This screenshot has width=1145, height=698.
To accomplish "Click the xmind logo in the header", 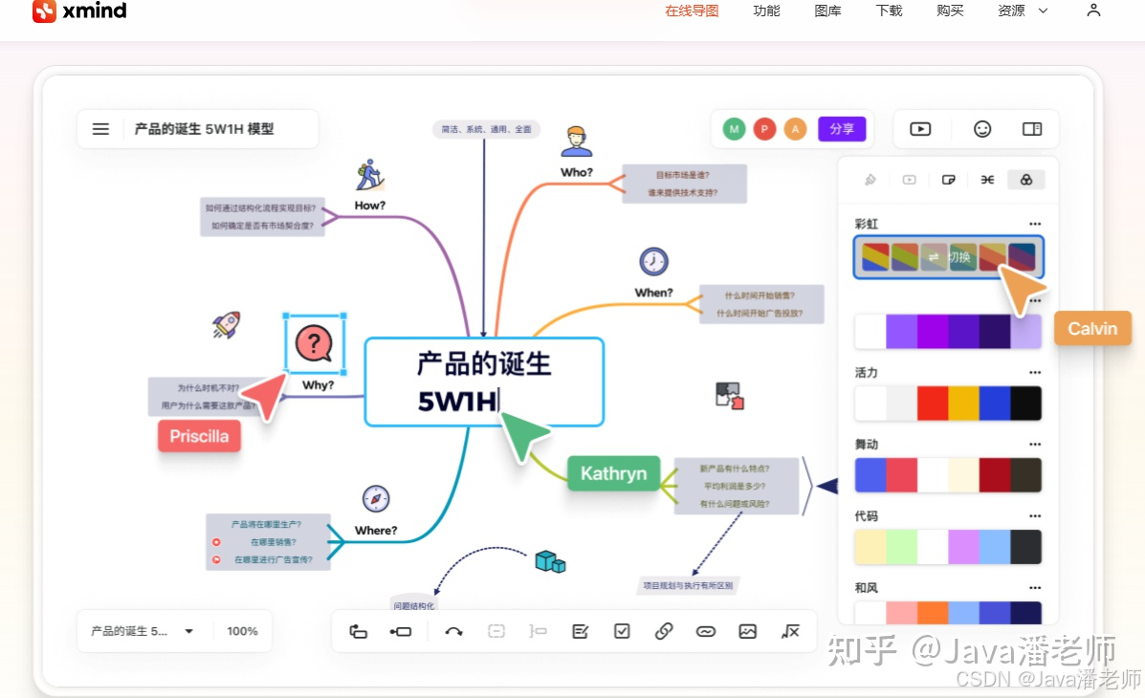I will (79, 11).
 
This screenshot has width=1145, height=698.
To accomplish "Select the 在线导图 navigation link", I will (692, 11).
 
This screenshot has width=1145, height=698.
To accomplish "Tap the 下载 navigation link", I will (889, 11).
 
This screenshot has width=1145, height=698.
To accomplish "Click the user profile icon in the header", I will (1094, 11).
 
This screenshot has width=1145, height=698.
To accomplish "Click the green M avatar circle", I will (734, 129).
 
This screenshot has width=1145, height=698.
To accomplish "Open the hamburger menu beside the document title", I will (100, 129).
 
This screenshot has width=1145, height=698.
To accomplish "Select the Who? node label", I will (577, 173).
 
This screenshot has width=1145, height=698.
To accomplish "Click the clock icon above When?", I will (653, 261).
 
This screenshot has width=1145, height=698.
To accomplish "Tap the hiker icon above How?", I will (369, 175).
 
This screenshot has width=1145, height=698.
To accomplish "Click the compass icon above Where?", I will (376, 499).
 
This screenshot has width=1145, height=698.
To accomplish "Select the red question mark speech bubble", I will (314, 343).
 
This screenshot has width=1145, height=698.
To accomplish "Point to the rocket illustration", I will (226, 325).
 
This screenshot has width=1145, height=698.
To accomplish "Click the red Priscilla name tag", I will (199, 436).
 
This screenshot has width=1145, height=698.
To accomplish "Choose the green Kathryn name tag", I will (613, 473).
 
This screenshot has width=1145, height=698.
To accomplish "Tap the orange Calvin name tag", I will (1092, 329).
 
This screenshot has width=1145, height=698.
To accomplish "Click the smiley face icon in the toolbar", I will (982, 129).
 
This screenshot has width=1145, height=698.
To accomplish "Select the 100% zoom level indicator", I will (243, 631).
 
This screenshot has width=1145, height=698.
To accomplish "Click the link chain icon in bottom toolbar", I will (664, 631).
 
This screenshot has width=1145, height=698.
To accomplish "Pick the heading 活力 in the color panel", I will (867, 373).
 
